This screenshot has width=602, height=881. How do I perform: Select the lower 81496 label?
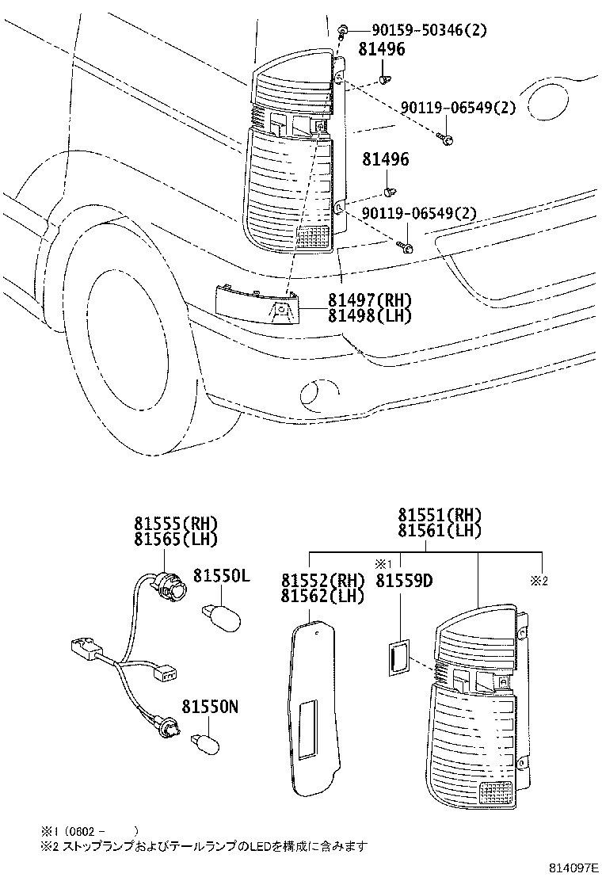click(386, 160)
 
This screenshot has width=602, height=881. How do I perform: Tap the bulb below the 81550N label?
click(208, 743)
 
